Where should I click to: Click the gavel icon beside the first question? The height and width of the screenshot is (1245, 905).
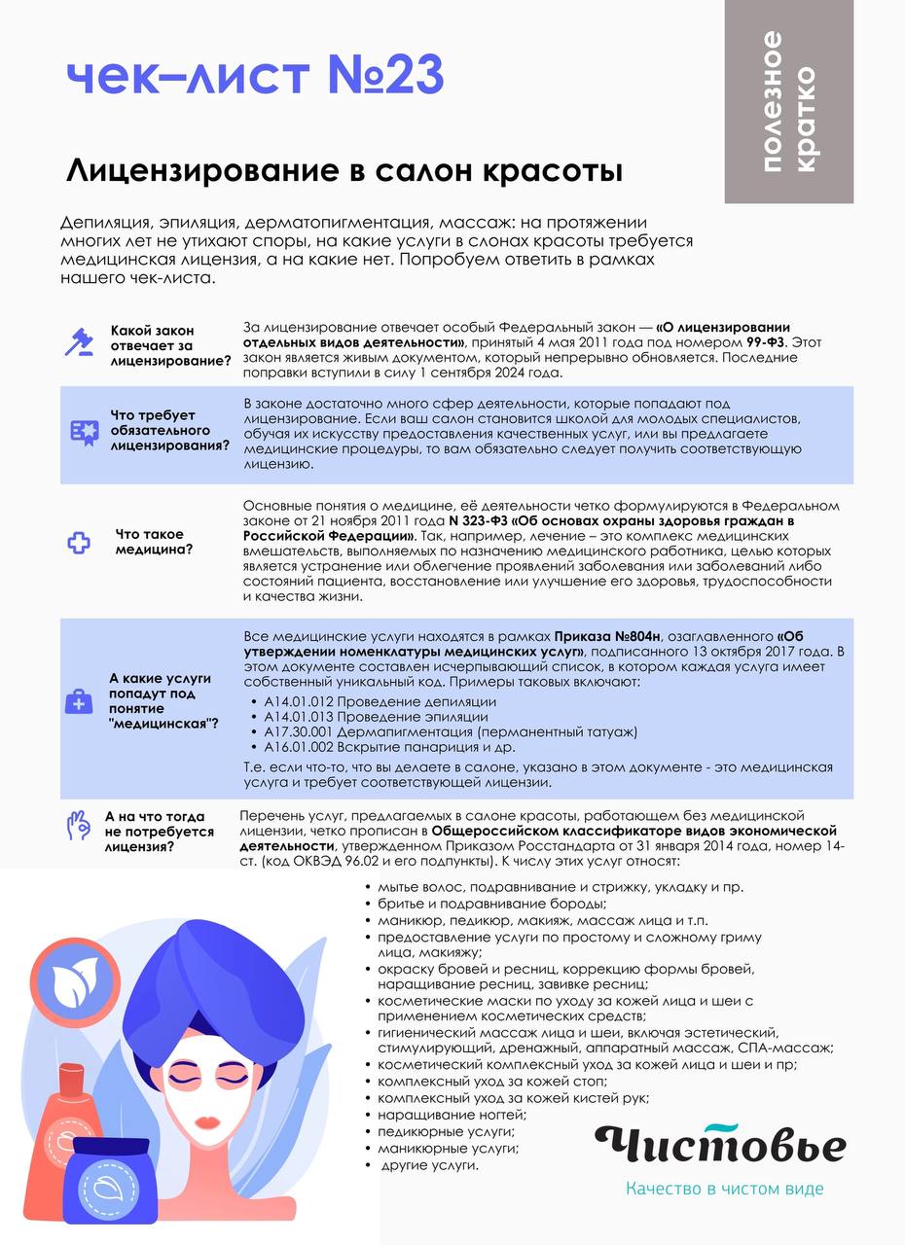tap(78, 342)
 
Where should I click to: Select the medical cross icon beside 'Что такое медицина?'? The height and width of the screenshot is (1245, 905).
tap(78, 543)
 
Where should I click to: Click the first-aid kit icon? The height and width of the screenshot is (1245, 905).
tap(78, 700)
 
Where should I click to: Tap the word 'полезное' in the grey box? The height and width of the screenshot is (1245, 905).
tap(772, 101)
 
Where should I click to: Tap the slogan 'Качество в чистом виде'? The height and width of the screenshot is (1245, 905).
tap(725, 1189)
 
